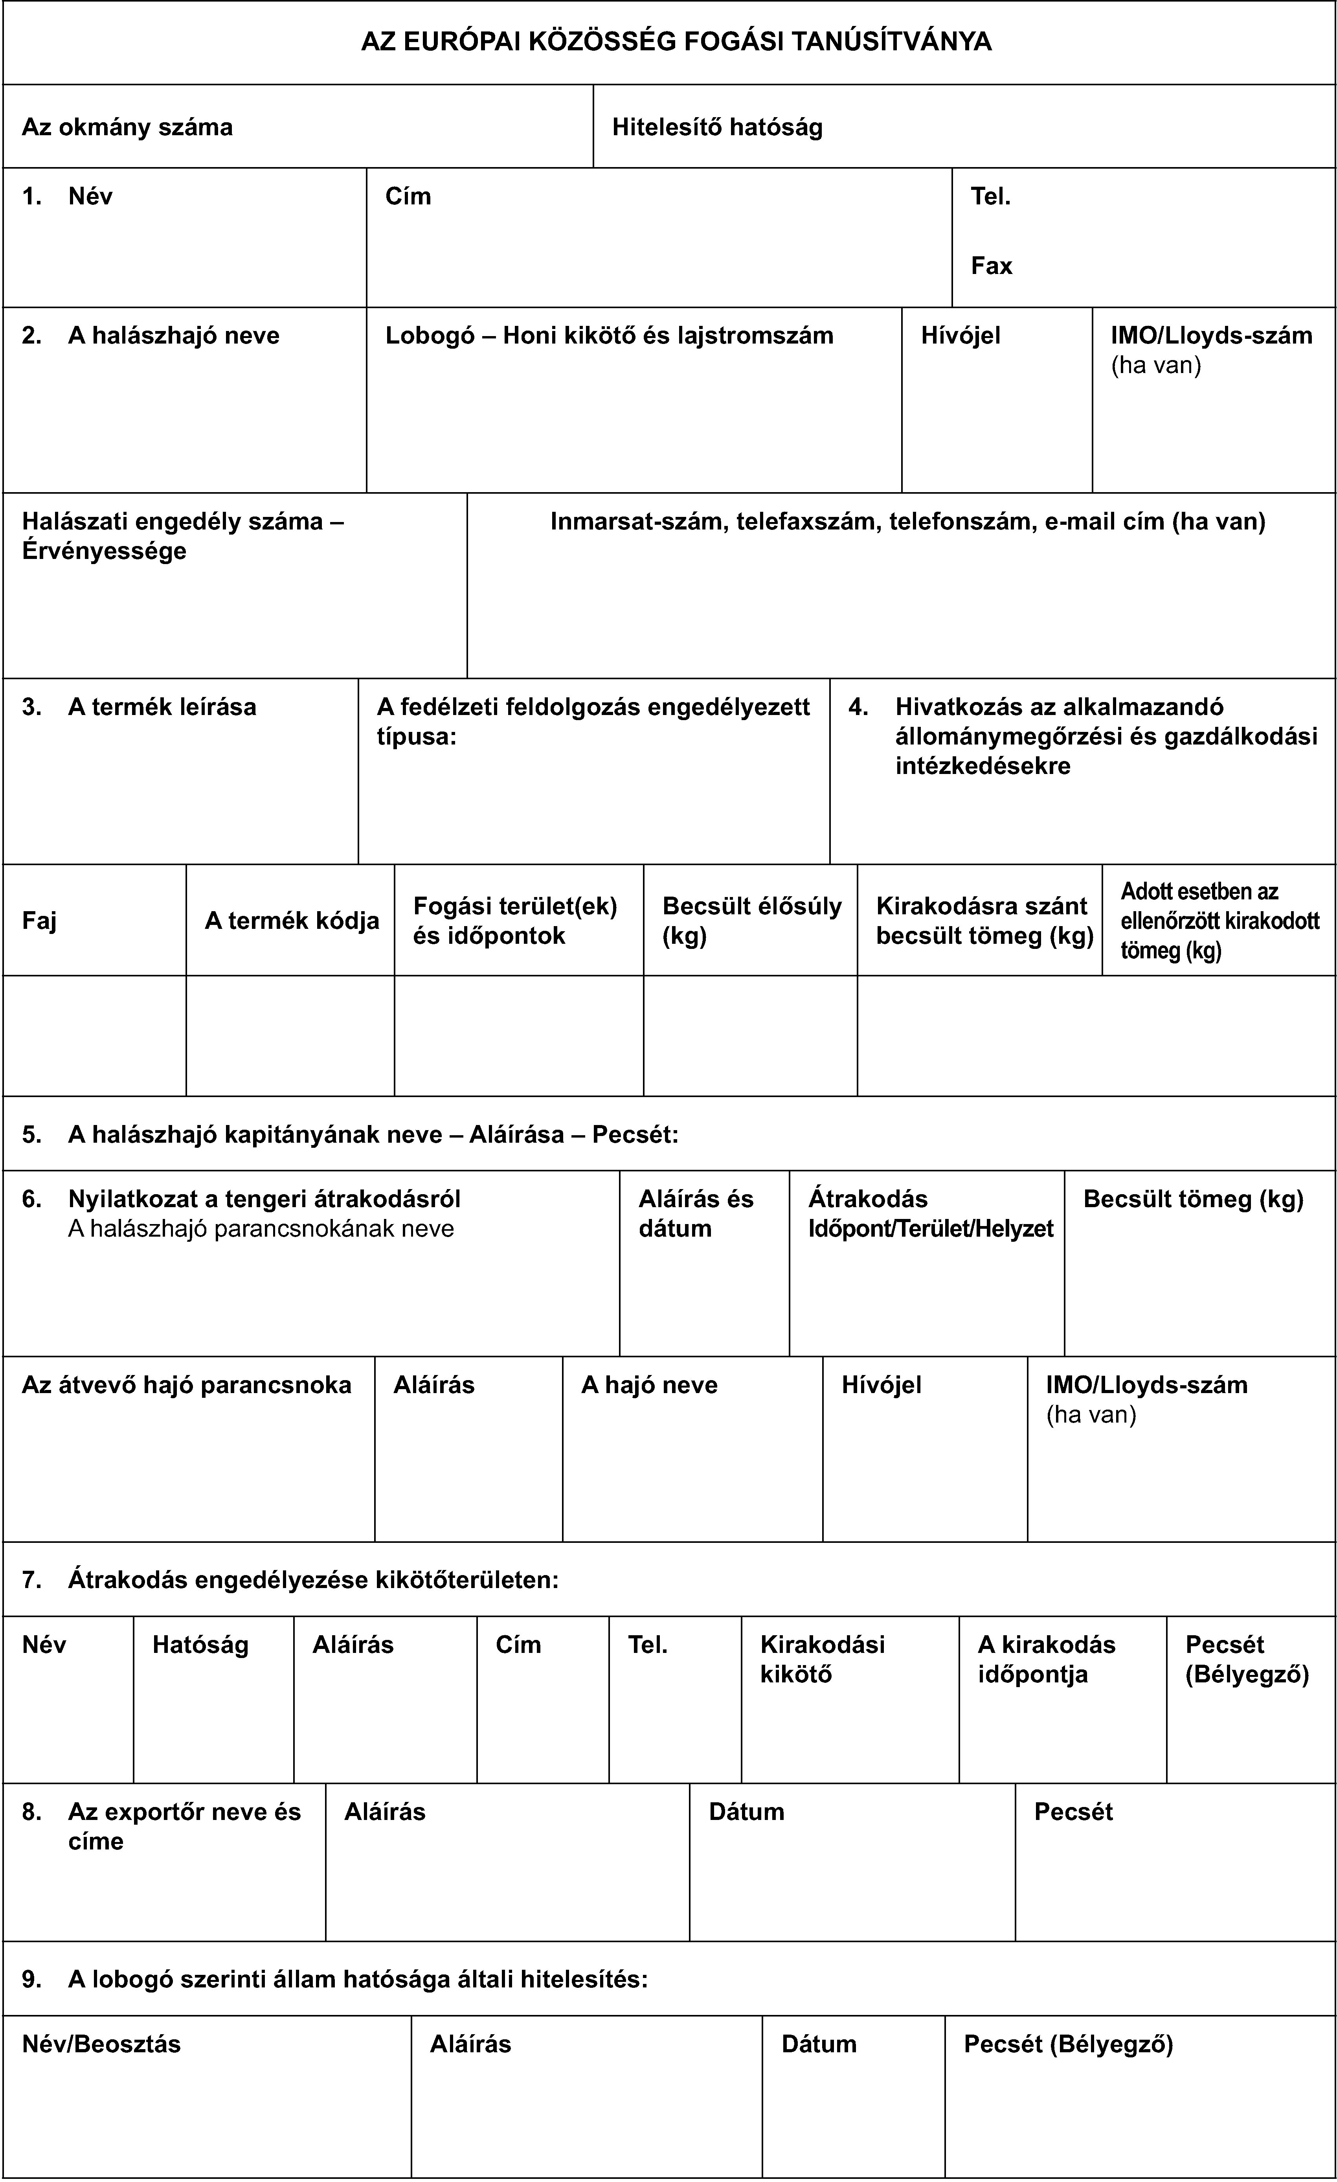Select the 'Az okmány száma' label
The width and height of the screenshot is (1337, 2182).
[127, 127]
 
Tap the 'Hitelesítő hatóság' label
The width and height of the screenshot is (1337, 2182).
[717, 127]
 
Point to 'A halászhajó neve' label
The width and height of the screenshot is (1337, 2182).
[174, 336]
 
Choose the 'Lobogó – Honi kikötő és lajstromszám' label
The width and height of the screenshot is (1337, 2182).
[609, 336]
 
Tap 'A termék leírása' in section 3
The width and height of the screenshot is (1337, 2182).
[162, 707]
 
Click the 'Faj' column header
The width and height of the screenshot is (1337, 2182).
[40, 921]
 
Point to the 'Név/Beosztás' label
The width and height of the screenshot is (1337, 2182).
[102, 2044]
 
